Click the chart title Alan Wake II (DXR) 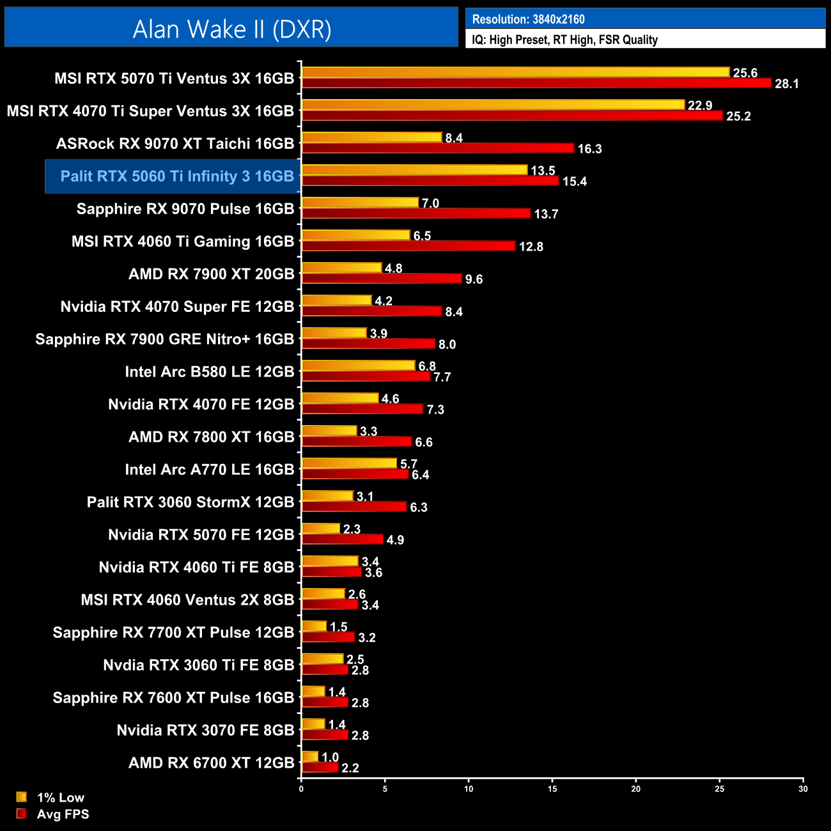231,29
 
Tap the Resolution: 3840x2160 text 528,19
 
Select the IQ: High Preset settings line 564,40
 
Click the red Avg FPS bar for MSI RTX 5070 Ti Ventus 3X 536,83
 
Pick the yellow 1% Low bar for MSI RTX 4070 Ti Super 493,105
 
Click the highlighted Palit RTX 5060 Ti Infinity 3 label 176,176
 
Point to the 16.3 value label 589,149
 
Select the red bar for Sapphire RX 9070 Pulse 416,214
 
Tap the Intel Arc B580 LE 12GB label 209,372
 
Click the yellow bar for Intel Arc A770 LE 349,463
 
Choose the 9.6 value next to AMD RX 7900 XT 474,279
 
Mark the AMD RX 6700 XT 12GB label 211,763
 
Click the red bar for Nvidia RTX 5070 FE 342,540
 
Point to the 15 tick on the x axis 552,789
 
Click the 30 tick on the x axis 803,789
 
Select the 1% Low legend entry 60,797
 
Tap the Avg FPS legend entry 63,814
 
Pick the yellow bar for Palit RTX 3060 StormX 327,496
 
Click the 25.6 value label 745,73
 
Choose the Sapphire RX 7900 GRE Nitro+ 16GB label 164,339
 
